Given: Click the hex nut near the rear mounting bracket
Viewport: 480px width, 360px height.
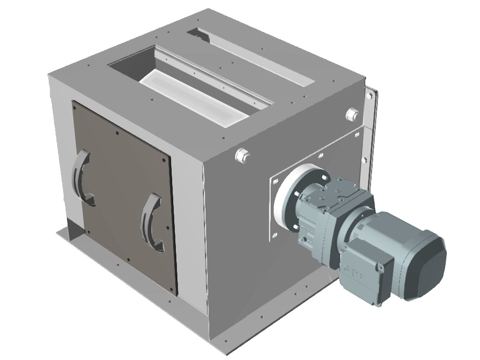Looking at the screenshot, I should [x=352, y=114].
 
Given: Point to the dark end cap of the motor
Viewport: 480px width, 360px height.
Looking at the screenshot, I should [x=426, y=266].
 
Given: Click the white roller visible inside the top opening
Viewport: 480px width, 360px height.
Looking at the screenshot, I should [x=192, y=96].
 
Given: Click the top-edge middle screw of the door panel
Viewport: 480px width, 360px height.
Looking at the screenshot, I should [x=116, y=133].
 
